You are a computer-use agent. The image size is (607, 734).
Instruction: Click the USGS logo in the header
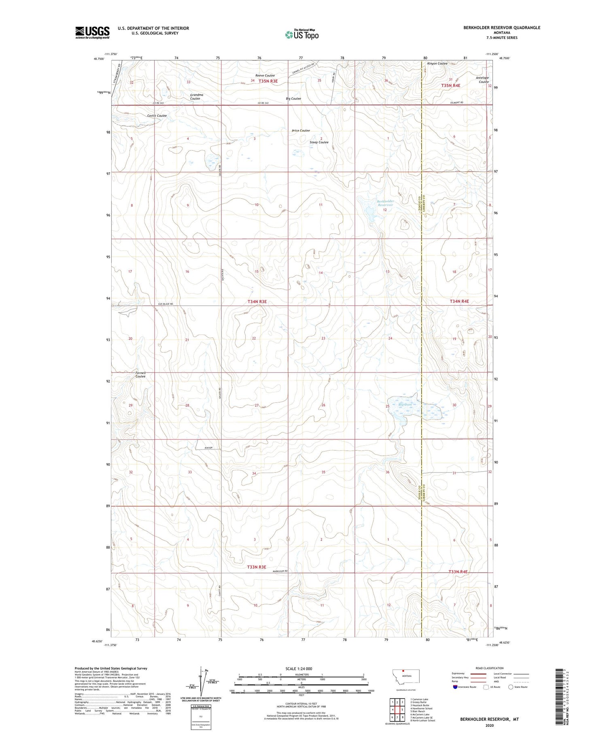click(92, 32)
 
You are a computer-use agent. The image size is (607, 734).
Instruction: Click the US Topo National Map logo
click(302, 34)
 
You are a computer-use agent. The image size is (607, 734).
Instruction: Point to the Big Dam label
click(405, 404)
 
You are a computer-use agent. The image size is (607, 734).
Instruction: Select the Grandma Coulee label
click(197, 97)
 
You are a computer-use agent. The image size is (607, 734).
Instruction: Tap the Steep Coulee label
click(319, 143)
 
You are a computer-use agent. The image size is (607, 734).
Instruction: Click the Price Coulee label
click(301, 131)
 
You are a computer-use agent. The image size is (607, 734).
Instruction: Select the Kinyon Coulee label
click(437, 64)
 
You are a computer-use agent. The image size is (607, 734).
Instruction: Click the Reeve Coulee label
click(265, 76)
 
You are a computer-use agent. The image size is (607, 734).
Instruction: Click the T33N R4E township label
click(458, 572)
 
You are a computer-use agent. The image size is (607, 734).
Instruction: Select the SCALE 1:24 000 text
click(299, 668)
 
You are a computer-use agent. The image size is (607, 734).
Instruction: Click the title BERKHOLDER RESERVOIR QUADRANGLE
click(502, 28)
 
